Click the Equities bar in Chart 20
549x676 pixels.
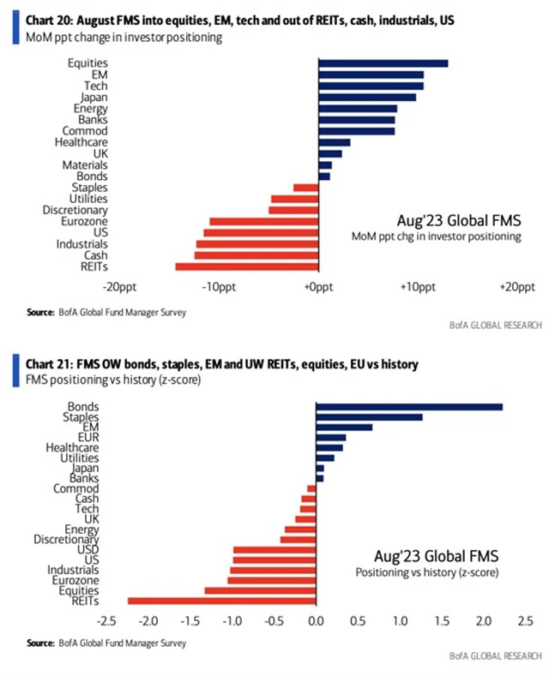383,63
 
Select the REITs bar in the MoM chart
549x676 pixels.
246,266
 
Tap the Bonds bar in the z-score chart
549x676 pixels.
409,406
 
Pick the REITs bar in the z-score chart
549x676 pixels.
221,601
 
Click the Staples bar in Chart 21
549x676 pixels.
369,417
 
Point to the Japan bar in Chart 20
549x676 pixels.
366,97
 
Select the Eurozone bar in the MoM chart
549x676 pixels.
263,221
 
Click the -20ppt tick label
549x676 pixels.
120,287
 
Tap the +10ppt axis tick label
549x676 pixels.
416,287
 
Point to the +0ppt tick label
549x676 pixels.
318,287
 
